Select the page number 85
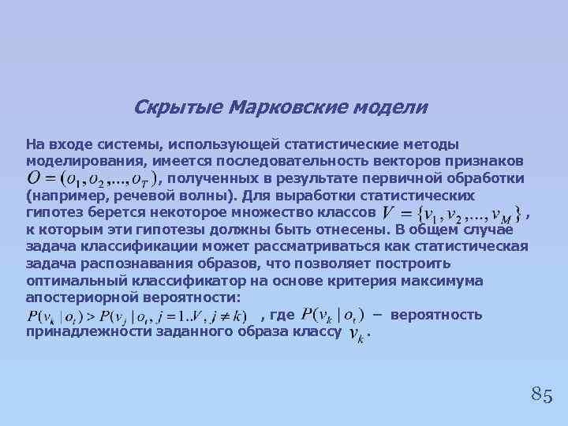(x=541, y=394)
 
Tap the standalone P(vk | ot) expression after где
(x=332, y=316)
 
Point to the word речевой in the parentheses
(x=133, y=196)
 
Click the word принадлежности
(x=80, y=332)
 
